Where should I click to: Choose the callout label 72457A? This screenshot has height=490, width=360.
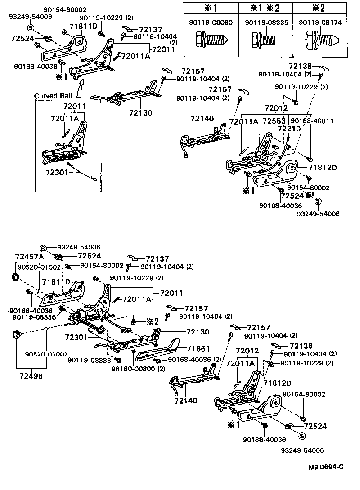click(29, 257)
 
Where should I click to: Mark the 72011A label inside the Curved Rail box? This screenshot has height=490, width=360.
click(65, 118)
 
